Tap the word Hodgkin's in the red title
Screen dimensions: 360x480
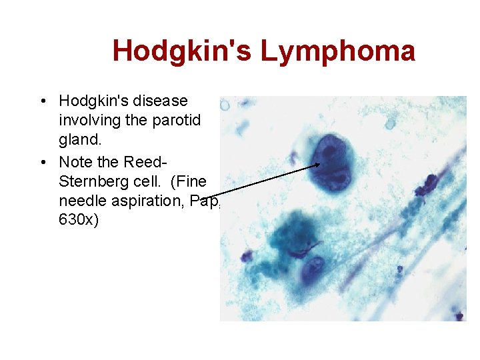click(x=182, y=51)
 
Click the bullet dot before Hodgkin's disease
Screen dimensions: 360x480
click(x=42, y=101)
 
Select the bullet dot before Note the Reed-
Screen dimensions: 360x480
click(x=42, y=162)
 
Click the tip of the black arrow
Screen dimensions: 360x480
click(x=320, y=165)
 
